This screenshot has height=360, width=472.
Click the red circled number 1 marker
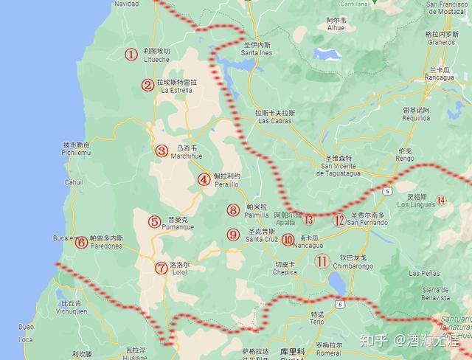tap(131, 54)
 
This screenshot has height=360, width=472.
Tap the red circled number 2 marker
tap(148, 85)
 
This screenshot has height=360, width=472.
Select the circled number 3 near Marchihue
tap(162, 150)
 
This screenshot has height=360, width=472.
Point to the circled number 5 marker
tap(154, 221)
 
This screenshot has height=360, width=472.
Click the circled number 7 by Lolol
tap(162, 268)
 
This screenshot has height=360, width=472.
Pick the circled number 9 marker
tap(233, 235)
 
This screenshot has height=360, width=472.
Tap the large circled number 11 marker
tap(322, 260)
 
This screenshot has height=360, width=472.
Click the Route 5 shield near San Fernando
tap(385, 190)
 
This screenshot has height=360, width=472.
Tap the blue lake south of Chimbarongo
tap(336, 283)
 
